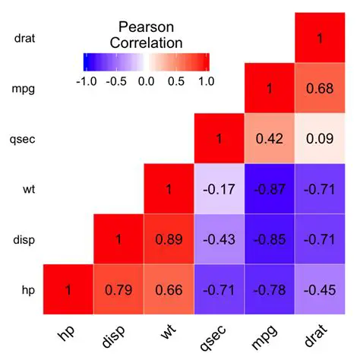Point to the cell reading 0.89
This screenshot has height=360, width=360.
169,238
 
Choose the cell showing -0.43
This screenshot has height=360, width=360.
219,238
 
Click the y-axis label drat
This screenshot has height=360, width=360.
26,37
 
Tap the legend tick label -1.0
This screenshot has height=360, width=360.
90,81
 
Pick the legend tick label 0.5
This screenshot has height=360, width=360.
177,81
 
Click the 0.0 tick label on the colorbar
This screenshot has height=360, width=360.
146,81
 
